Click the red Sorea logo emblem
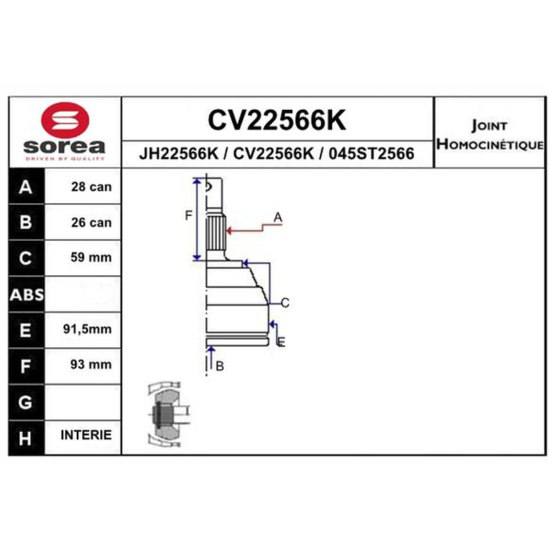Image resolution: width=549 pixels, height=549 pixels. (65, 119)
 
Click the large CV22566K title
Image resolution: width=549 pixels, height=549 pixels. (277, 120)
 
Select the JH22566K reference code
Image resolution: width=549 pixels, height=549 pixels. (178, 153)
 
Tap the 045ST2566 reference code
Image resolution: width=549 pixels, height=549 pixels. (371, 153)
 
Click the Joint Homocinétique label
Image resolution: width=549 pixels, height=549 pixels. (490, 135)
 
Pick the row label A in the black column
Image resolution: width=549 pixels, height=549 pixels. (25, 187)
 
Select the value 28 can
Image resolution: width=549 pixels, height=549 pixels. (91, 187)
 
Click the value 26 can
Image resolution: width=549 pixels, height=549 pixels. (91, 222)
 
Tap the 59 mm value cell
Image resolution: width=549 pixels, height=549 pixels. (91, 257)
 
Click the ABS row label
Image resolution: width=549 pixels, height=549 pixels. (27, 295)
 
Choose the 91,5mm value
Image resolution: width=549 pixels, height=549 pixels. (88, 329)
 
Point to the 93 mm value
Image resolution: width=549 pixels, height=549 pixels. (91, 364)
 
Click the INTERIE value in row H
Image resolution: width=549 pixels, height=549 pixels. (86, 435)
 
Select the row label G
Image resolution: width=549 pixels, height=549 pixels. (25, 402)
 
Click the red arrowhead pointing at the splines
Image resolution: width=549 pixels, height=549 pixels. (230, 231)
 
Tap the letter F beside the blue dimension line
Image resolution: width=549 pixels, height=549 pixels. (188, 215)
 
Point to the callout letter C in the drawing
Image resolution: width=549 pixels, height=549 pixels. (285, 303)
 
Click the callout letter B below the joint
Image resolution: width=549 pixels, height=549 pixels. (220, 366)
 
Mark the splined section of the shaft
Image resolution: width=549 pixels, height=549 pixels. (215, 233)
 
